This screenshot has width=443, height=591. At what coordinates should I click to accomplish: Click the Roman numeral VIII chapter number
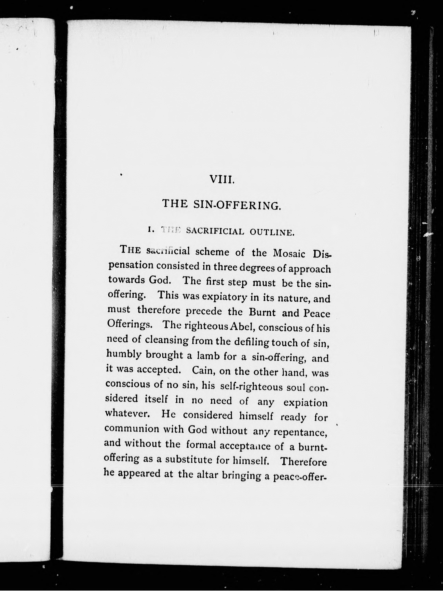pos(222,179)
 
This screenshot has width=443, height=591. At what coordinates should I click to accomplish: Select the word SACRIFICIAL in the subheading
pos(215,231)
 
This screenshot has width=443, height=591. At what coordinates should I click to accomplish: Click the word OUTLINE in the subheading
pos(272,232)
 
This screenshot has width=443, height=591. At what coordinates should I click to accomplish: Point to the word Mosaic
pos(289,253)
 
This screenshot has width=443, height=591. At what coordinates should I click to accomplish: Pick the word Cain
pos(204,371)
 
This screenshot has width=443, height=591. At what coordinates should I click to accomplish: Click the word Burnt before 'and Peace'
pos(262,313)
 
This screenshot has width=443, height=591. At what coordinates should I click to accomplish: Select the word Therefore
pos(304,462)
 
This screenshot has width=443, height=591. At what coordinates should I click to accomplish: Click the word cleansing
pos(167,340)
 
